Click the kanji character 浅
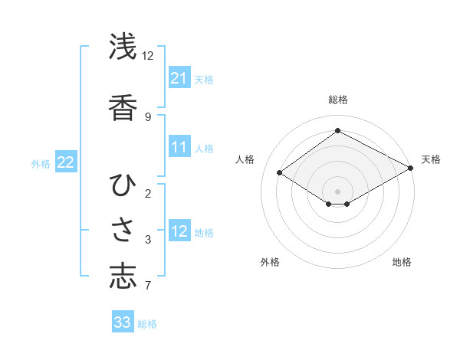coord(123,47)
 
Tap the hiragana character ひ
coord(123,185)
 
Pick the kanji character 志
coord(123,277)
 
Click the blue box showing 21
coord(179,78)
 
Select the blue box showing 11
coord(179,147)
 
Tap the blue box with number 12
coord(179,231)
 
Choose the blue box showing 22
coord(66,162)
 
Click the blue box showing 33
coord(123,322)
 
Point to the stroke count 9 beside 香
coord(148,117)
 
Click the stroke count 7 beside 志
coord(148,286)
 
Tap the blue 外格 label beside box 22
coord(41,163)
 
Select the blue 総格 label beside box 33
coord(148,323)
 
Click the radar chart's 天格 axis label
coord(431,159)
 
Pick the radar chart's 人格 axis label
coord(245,159)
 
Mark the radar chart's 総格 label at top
coord(337,100)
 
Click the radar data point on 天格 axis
coord(411,168)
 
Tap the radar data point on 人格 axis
coord(280,173)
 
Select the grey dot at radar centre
coord(337,191)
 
